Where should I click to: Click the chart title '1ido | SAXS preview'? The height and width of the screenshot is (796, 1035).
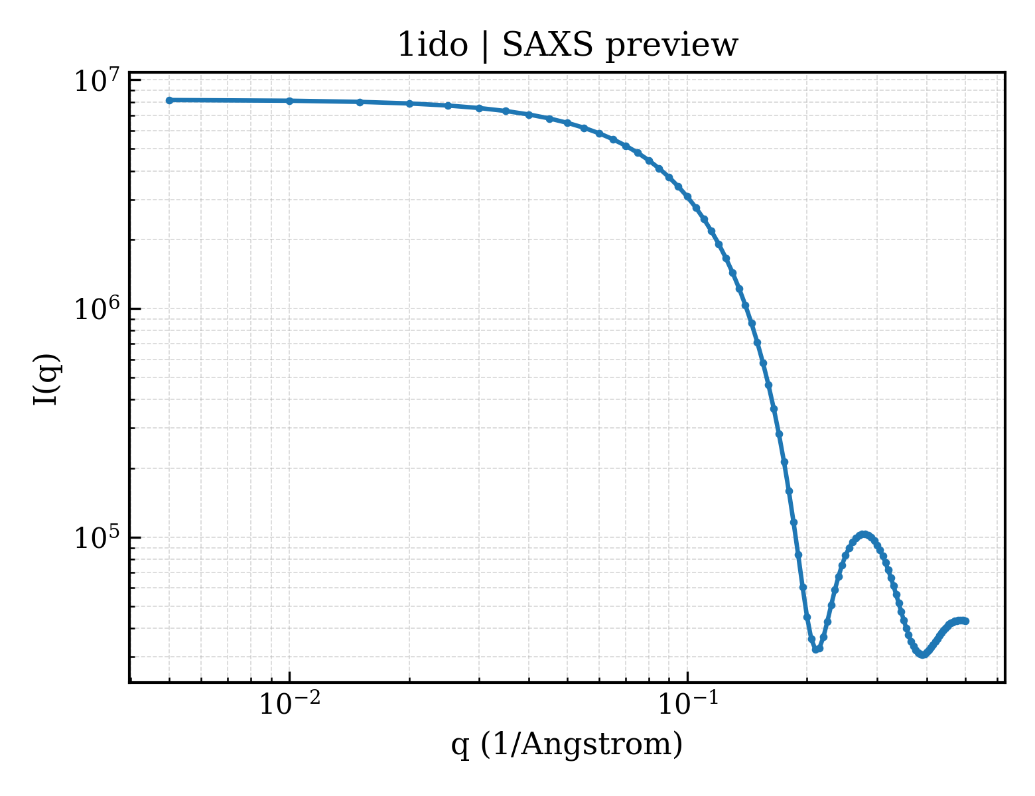pos(567,46)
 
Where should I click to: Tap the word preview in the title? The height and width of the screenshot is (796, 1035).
pos(671,46)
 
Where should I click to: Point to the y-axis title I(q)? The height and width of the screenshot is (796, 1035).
pos(46,379)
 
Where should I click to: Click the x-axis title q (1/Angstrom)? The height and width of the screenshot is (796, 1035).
pos(567,744)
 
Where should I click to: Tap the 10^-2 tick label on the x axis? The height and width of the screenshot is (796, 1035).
pos(289,703)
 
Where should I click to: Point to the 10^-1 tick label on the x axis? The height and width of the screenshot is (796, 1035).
pos(688,703)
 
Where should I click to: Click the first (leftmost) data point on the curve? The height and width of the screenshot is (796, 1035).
pos(170,100)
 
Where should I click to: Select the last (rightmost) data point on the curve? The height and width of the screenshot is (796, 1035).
pos(965,621)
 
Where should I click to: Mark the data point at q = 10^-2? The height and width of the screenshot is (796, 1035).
pos(289,101)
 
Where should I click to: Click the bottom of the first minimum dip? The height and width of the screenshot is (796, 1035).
pos(816,649)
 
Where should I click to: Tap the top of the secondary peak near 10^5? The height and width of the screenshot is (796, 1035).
pos(864,535)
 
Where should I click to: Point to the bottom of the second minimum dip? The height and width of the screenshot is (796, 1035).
pos(923,655)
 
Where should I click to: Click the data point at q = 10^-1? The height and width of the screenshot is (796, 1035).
pos(688,196)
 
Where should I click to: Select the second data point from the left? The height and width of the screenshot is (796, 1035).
pos(289,101)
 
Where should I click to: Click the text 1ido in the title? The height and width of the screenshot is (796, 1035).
pos(433,45)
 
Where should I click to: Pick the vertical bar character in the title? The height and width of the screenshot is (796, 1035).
pos(486,46)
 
